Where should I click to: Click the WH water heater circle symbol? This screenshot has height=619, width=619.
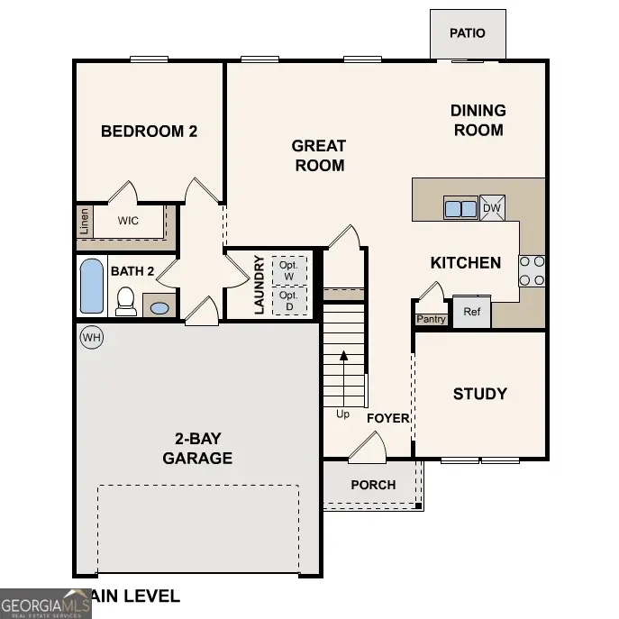click(91, 338)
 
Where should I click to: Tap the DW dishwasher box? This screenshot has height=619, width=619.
click(492, 208)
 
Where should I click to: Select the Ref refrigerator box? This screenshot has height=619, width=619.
click(471, 312)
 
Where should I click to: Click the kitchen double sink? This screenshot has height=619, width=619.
click(460, 208)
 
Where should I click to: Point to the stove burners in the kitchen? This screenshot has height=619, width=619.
click(532, 271)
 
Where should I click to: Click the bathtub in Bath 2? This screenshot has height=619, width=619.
click(92, 286)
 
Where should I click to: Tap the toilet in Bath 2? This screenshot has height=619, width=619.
click(126, 301)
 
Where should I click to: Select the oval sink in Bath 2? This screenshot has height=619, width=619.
click(159, 308)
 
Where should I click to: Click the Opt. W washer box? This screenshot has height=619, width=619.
click(288, 270)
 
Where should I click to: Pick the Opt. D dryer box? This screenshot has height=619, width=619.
click(288, 300)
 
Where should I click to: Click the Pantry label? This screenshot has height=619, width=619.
click(431, 319)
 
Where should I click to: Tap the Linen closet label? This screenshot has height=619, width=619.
click(84, 221)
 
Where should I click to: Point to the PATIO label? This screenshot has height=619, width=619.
click(468, 33)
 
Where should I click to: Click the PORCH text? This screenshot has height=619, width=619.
click(373, 485)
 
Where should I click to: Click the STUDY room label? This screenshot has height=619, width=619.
click(479, 394)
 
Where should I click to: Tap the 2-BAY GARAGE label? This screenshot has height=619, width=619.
click(197, 449)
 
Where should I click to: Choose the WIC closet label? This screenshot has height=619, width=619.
click(128, 219)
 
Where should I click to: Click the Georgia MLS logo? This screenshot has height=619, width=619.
click(45, 604)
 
